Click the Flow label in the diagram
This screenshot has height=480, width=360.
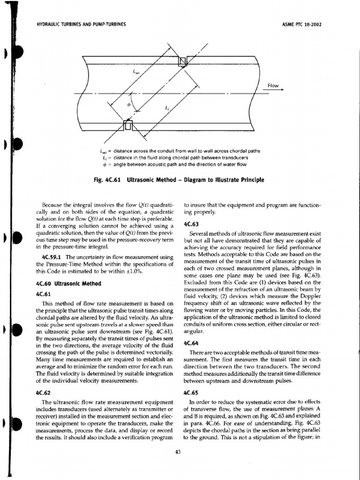[273, 85]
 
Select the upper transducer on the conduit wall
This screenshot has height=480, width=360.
[183, 61]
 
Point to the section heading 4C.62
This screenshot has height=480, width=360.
[43, 393]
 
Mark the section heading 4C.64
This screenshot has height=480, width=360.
[192, 343]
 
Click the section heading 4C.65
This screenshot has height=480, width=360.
[192, 393]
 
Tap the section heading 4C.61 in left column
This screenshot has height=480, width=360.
[43, 294]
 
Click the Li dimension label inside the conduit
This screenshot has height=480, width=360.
[167, 107]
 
